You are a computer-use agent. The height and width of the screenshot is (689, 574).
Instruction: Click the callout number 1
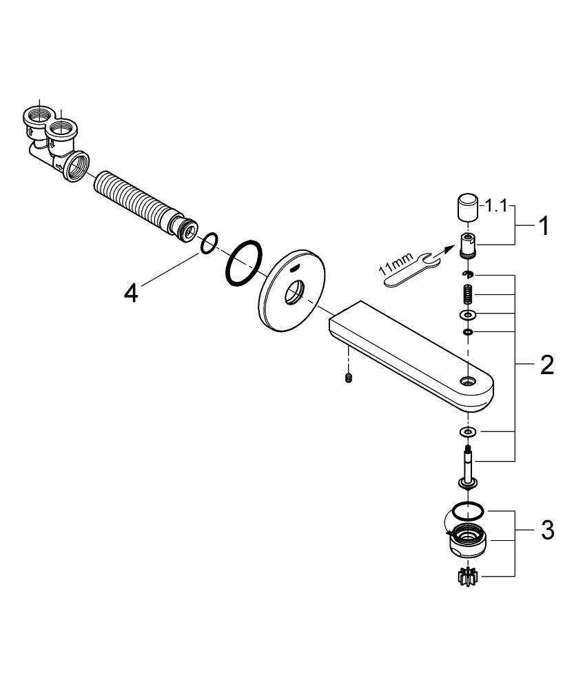pyautogui.click(x=544, y=226)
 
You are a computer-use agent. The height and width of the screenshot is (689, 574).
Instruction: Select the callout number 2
pyautogui.click(x=546, y=364)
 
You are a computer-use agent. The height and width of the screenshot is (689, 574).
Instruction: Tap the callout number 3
pyautogui.click(x=546, y=531)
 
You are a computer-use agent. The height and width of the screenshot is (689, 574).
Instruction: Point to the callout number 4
pyautogui.click(x=131, y=293)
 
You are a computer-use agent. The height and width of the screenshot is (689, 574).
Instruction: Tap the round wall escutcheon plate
pyautogui.click(x=289, y=296)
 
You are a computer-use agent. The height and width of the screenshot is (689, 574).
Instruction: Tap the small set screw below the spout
pyautogui.click(x=349, y=378)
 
